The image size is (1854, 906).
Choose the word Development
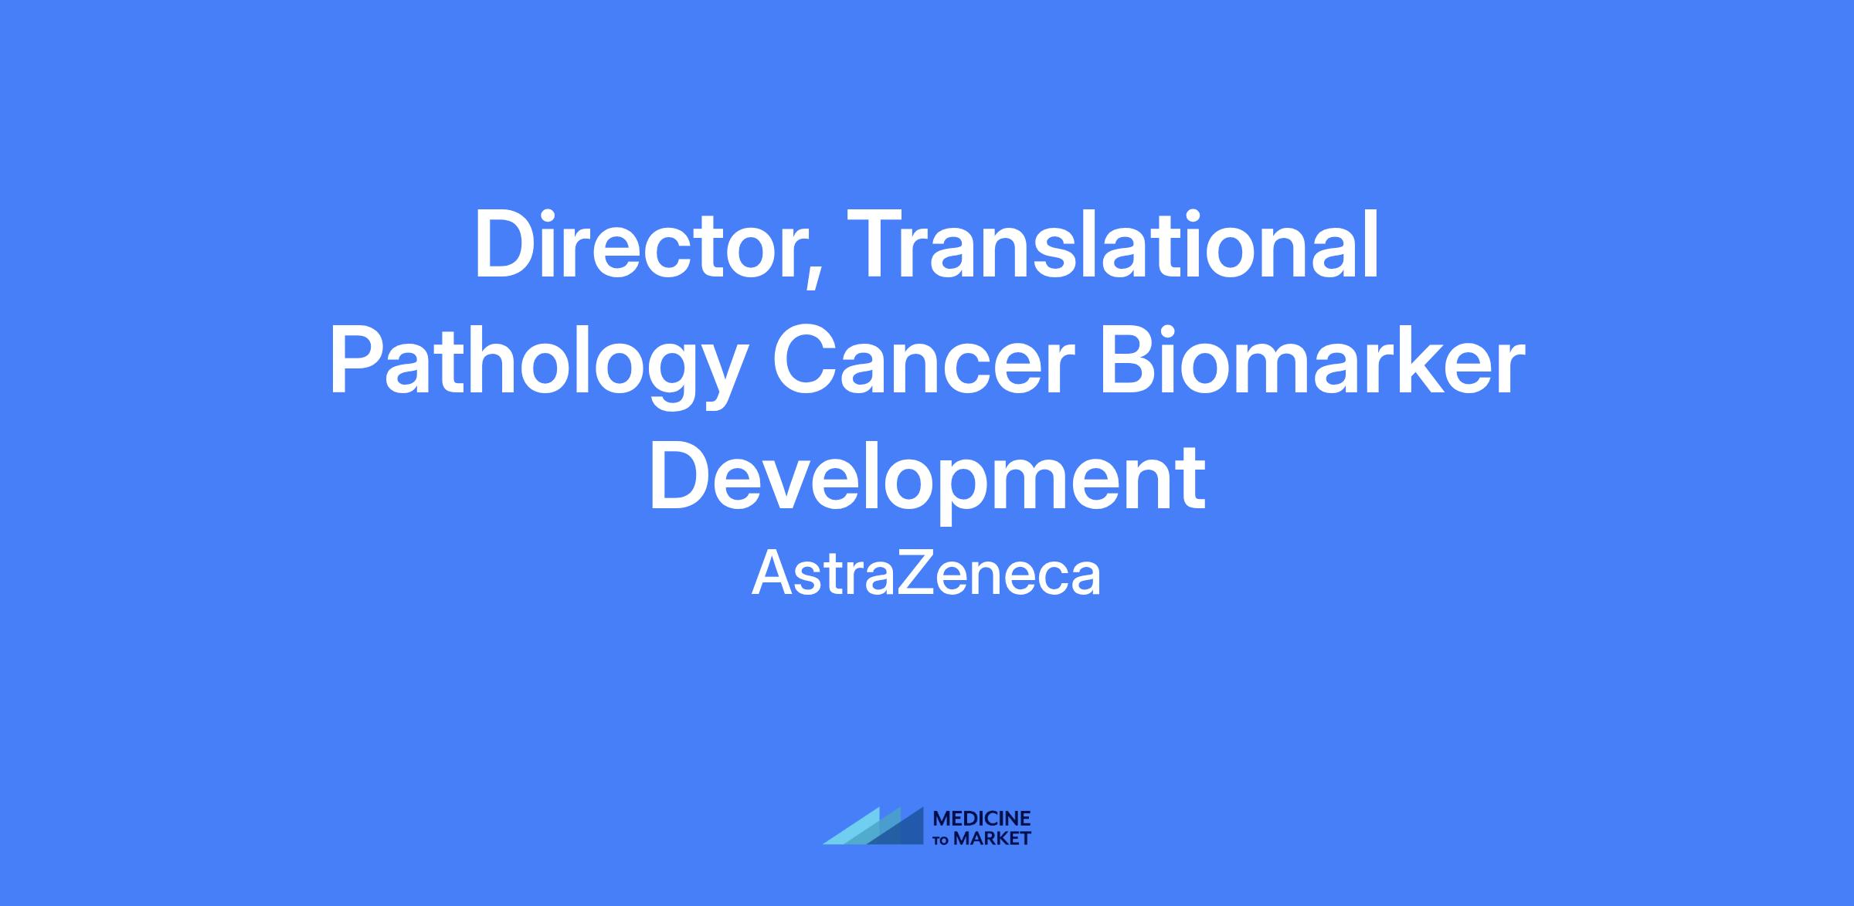coord(927,480)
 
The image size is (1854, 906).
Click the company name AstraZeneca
coord(926,573)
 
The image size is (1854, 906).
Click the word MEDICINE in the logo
coord(982,818)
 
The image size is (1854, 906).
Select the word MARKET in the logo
coord(992,838)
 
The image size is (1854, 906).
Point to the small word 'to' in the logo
coord(942,840)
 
